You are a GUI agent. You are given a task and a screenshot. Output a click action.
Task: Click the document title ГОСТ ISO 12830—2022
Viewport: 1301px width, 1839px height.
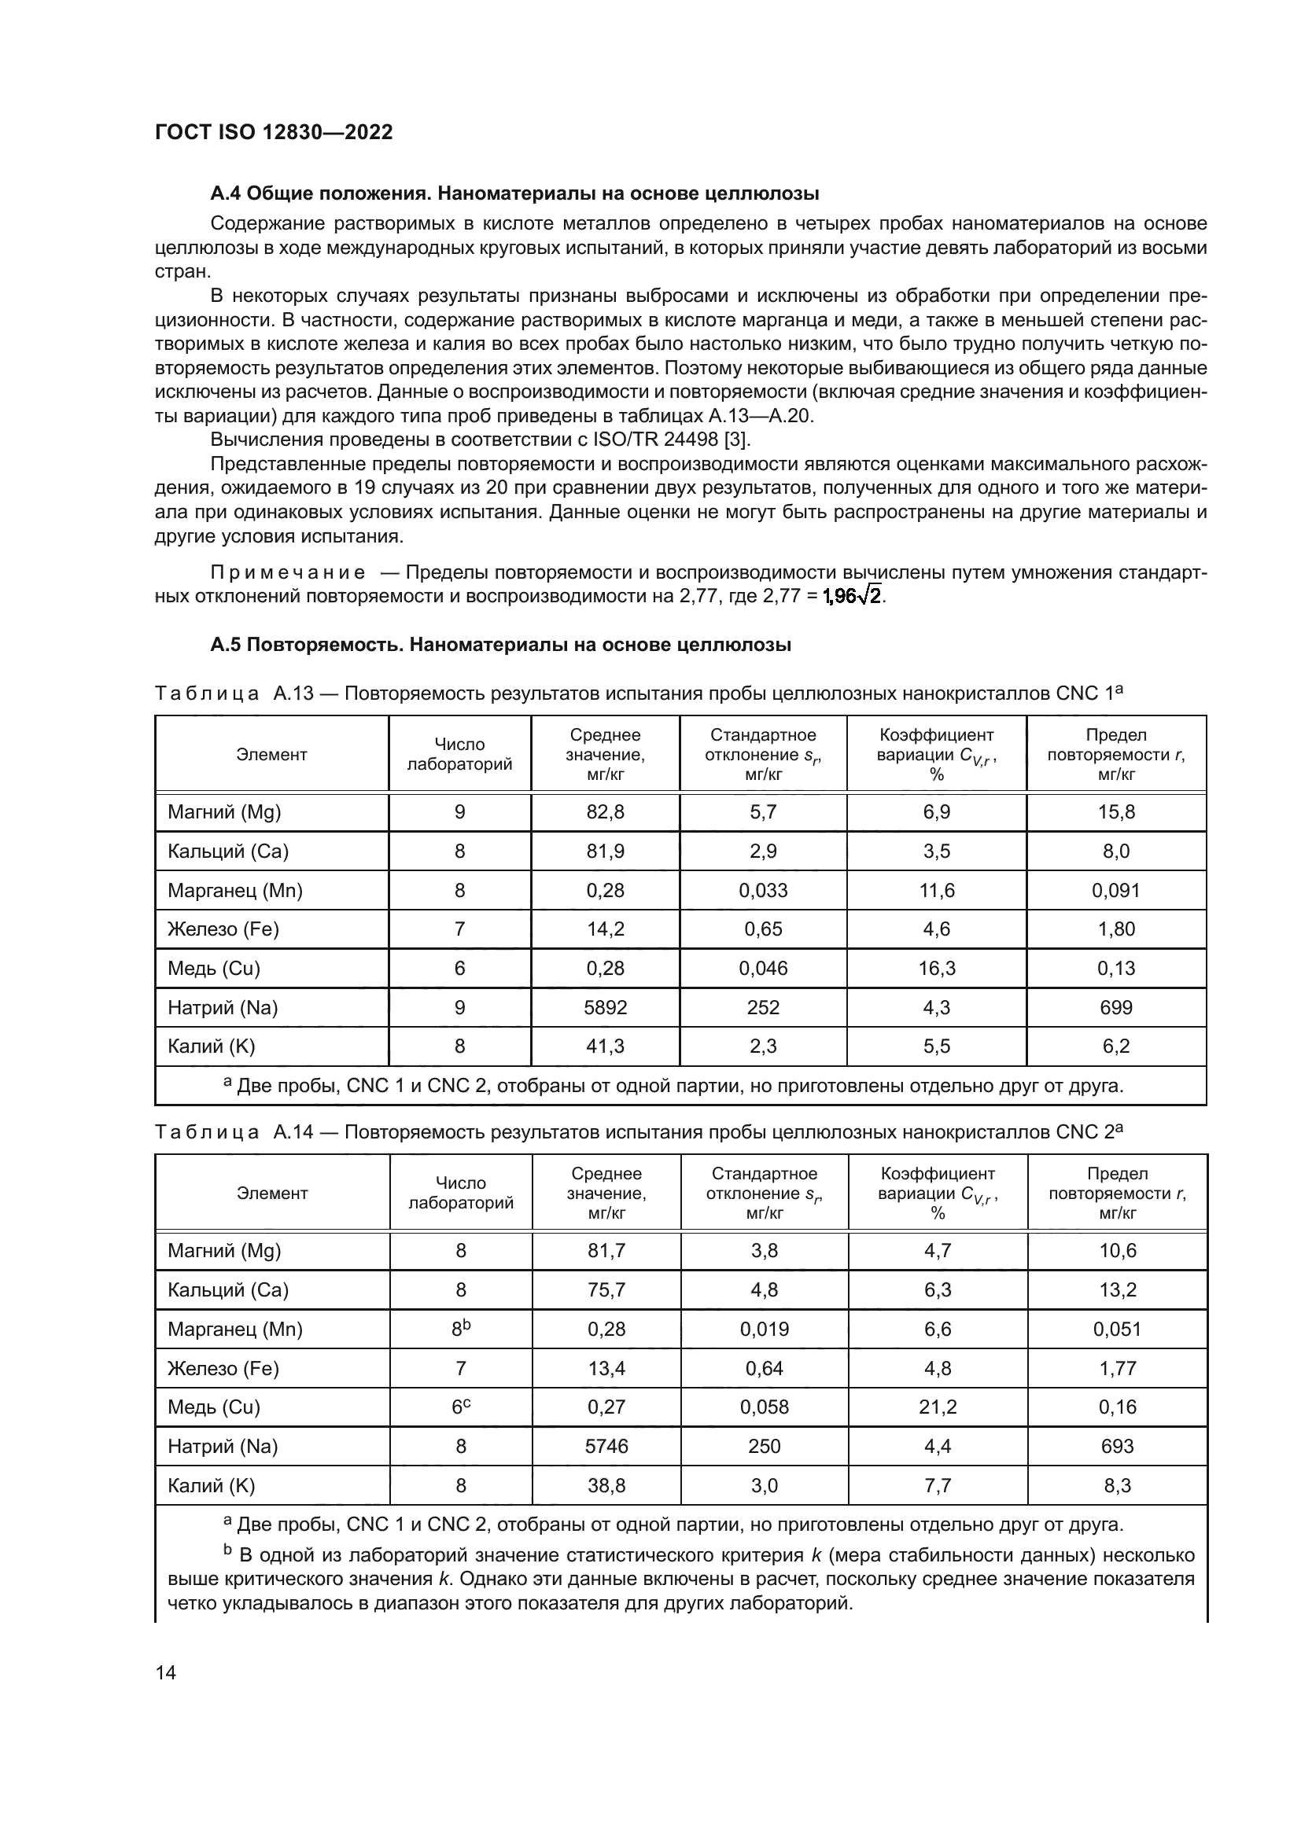pyautogui.click(x=273, y=132)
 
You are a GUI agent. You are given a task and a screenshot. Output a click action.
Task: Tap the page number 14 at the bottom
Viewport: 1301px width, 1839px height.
pyautogui.click(x=166, y=1672)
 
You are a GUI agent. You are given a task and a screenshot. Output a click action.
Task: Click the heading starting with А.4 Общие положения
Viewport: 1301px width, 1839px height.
pyautogui.click(x=514, y=193)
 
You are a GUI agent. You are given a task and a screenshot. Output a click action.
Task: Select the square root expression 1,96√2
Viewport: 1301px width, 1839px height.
pyautogui.click(x=853, y=596)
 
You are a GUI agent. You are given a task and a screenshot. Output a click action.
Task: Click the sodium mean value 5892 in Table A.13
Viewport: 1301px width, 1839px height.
pyautogui.click(x=605, y=1007)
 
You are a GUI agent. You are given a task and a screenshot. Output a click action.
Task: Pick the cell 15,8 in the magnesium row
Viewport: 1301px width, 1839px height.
pyautogui.click(x=1116, y=812)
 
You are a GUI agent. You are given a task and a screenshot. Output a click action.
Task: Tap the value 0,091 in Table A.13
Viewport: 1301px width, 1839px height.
pyautogui.click(x=1116, y=890)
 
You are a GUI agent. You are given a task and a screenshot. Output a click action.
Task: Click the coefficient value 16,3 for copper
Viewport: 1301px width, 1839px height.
pyautogui.click(x=937, y=969)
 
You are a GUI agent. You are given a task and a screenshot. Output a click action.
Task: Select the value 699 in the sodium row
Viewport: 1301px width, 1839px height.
pyautogui.click(x=1116, y=1007)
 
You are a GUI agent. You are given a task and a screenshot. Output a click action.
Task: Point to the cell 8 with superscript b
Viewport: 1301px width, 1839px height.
pyautogui.click(x=461, y=1329)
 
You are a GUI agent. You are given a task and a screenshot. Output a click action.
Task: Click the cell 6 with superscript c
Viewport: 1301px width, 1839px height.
pyautogui.click(x=461, y=1407)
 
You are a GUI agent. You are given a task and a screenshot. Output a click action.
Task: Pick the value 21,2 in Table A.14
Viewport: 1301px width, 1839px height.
pyautogui.click(x=938, y=1407)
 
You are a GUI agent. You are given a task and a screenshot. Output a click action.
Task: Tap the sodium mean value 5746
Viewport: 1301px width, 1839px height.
pyautogui.click(x=606, y=1446)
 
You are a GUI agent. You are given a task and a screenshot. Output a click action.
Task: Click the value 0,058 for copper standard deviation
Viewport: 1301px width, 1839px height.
pyautogui.click(x=765, y=1407)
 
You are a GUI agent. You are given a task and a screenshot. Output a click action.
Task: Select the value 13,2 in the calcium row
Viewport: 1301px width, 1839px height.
pyautogui.click(x=1118, y=1289)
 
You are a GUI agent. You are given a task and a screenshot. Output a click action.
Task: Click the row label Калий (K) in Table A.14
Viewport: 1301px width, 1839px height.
pyautogui.click(x=211, y=1485)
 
